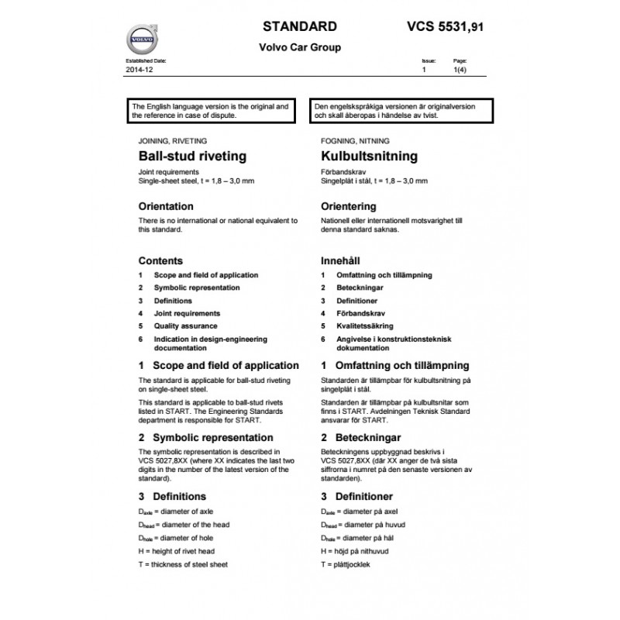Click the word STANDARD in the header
(299, 25)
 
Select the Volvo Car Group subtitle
(299, 47)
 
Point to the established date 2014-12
(136, 69)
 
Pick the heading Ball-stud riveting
(191, 156)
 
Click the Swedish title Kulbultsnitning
(368, 156)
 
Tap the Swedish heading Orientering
(348, 207)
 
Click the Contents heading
(160, 261)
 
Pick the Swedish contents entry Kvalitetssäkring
(364, 326)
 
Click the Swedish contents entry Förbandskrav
(359, 313)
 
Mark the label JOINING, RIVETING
(172, 142)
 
